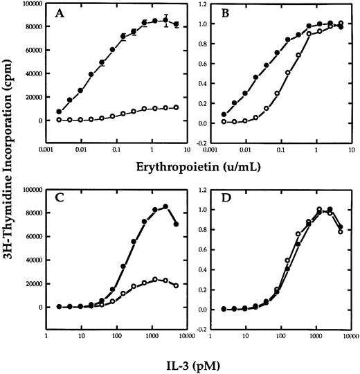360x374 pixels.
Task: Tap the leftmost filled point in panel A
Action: click(x=59, y=112)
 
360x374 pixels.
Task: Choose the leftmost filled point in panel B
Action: click(x=224, y=114)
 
